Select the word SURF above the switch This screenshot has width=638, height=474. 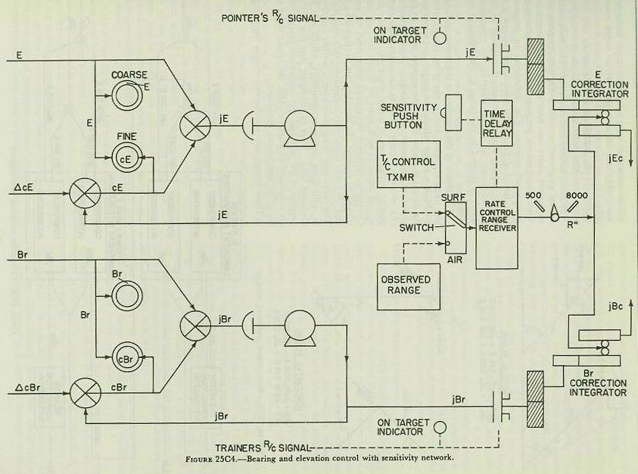click(x=453, y=195)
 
